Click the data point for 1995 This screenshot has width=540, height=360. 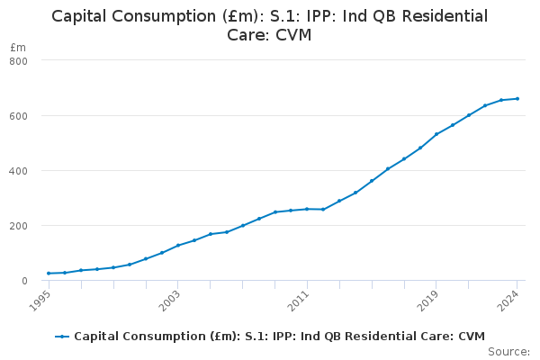click(49, 274)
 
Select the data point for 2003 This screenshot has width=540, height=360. click(178, 245)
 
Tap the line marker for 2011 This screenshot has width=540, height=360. click(307, 209)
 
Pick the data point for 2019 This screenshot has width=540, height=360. click(436, 134)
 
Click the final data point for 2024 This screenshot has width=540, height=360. click(517, 99)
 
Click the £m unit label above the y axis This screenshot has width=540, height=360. click(18, 47)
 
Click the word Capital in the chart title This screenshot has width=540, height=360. click(84, 16)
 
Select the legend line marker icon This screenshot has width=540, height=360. click(62, 337)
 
